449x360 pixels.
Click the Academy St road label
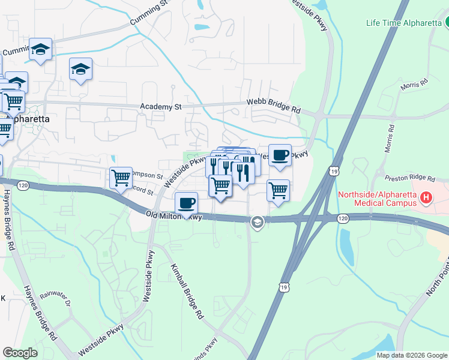(x=160, y=107)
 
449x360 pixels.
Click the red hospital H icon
(x=426, y=197)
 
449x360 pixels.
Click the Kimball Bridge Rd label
(x=187, y=290)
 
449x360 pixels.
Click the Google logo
(x=20, y=352)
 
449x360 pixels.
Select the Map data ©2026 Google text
(x=412, y=355)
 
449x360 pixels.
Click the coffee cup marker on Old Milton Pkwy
(x=187, y=203)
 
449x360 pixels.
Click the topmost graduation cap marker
(x=40, y=50)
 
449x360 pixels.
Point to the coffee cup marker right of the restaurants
(x=280, y=155)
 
